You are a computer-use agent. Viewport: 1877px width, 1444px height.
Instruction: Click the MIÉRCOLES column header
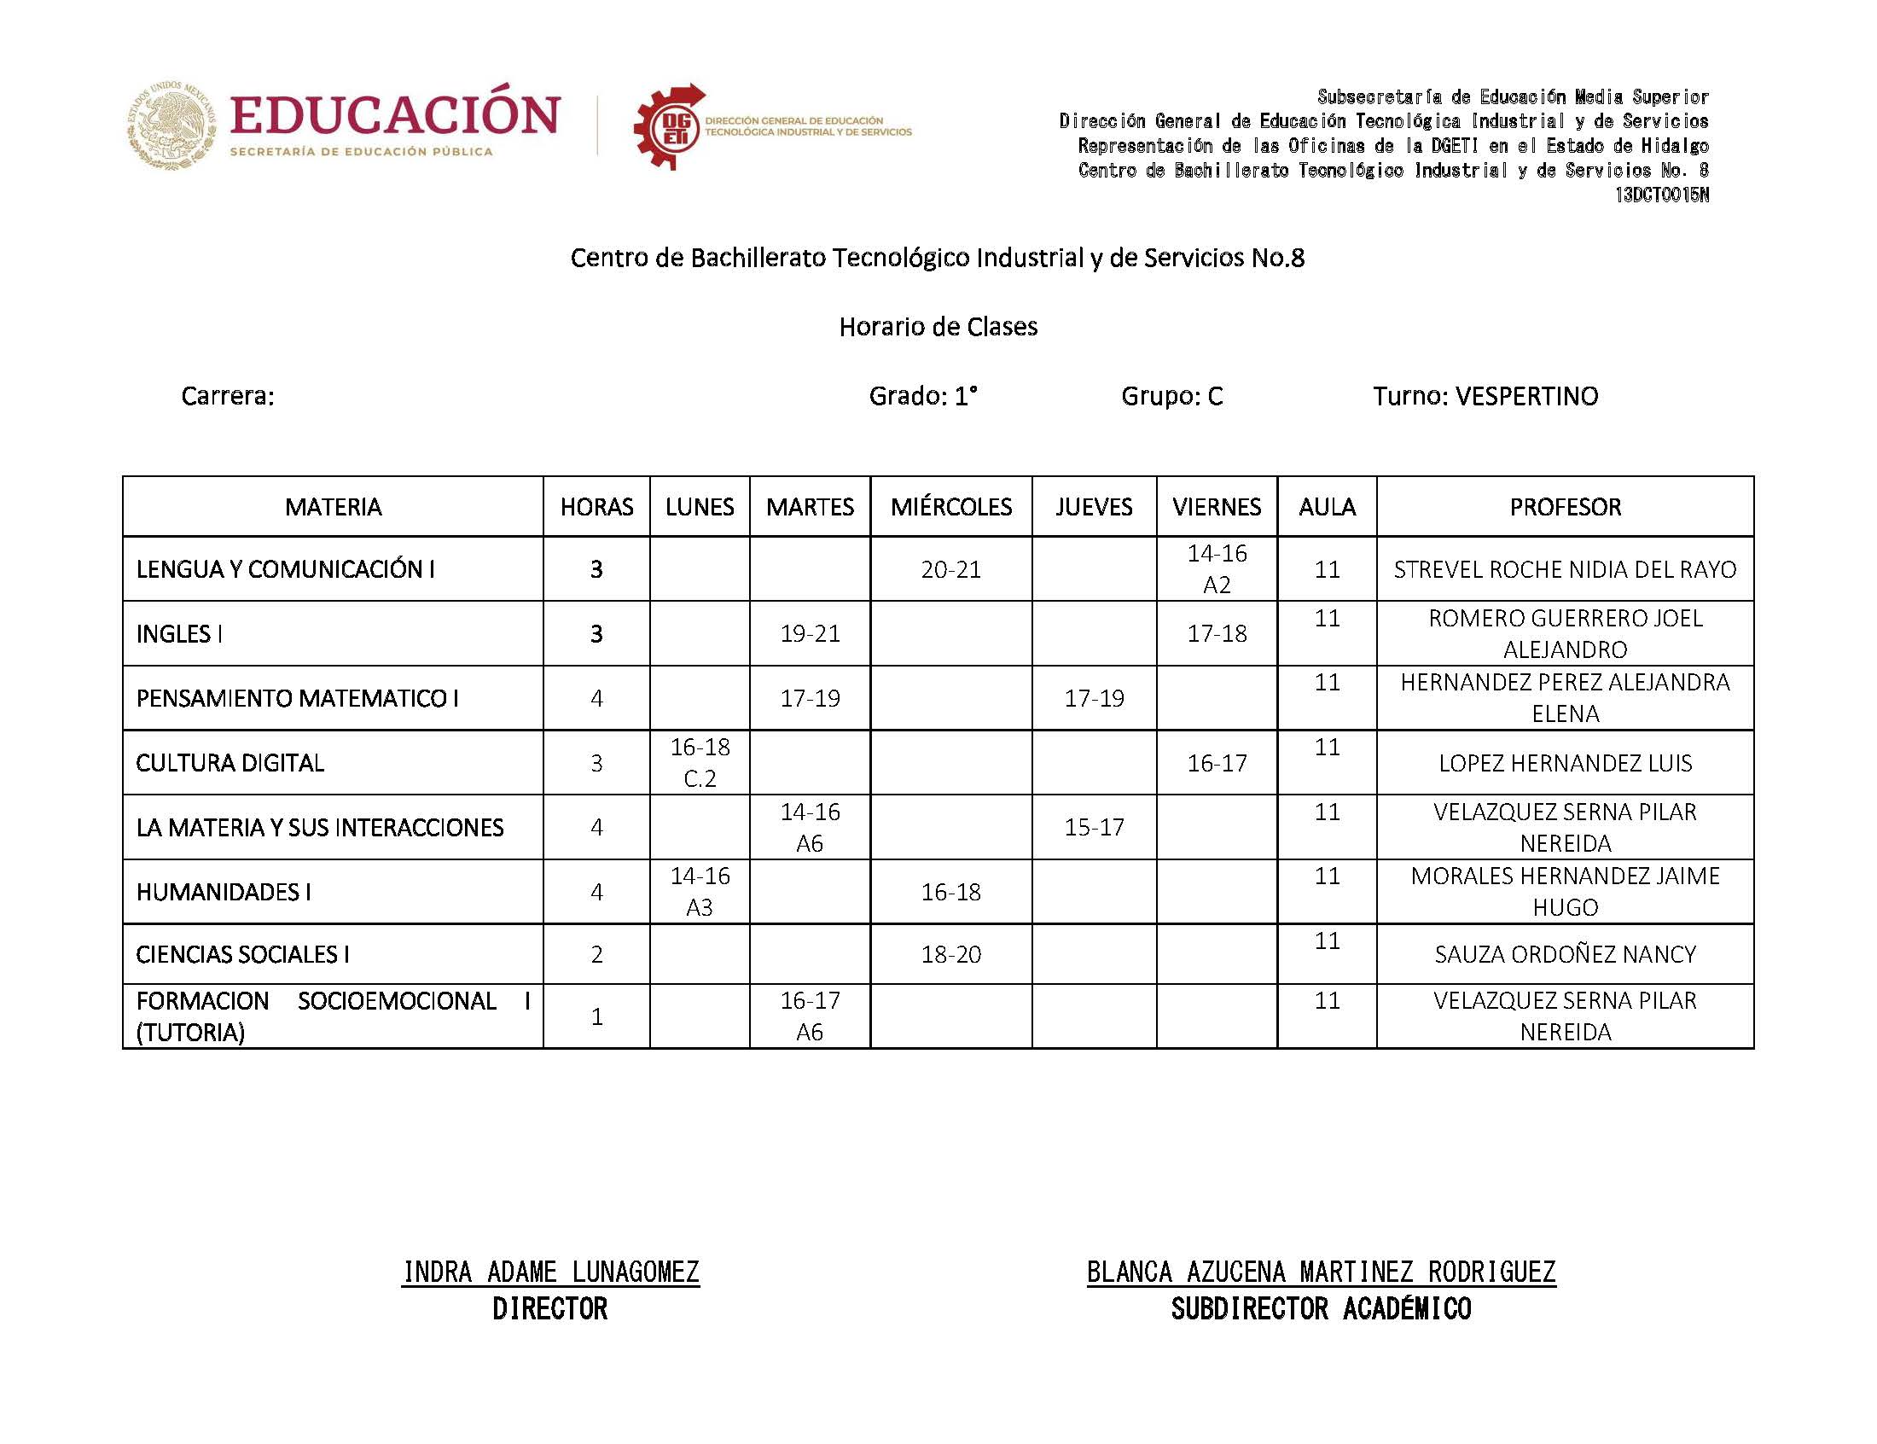tap(950, 507)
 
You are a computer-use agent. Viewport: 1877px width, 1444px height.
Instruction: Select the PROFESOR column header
tap(1565, 507)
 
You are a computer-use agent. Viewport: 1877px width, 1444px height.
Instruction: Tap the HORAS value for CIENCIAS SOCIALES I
tap(596, 954)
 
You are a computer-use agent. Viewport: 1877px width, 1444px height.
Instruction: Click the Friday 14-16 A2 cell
tap(1217, 569)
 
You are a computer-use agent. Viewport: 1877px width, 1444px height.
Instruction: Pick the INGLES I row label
tap(179, 633)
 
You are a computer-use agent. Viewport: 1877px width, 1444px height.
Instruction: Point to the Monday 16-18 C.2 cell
tap(700, 762)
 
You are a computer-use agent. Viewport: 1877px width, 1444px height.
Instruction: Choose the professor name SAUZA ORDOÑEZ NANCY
tap(1565, 954)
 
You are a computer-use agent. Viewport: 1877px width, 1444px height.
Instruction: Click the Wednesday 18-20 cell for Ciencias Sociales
tap(950, 954)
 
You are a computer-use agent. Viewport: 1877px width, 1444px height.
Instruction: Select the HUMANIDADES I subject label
tap(224, 892)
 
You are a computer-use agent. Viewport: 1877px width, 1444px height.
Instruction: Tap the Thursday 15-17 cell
tap(1094, 827)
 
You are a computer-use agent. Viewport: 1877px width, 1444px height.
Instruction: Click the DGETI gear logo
tap(668, 127)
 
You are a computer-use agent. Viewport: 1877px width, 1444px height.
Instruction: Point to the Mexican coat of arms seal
tap(171, 125)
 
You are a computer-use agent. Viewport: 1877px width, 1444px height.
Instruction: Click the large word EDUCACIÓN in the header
tap(395, 116)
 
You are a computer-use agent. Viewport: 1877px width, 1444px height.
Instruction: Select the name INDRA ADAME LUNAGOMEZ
tap(550, 1272)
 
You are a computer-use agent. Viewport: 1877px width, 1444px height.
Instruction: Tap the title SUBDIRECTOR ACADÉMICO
tap(1321, 1309)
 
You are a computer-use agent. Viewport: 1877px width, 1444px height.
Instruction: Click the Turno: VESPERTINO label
tap(1485, 396)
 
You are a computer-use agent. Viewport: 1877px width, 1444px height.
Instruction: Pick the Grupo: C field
tap(1171, 396)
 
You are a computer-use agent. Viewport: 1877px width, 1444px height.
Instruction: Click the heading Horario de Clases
tap(938, 327)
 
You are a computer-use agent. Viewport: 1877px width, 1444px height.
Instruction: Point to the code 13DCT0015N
tap(1660, 195)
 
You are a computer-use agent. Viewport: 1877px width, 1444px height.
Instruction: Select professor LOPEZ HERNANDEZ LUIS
tap(1565, 763)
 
